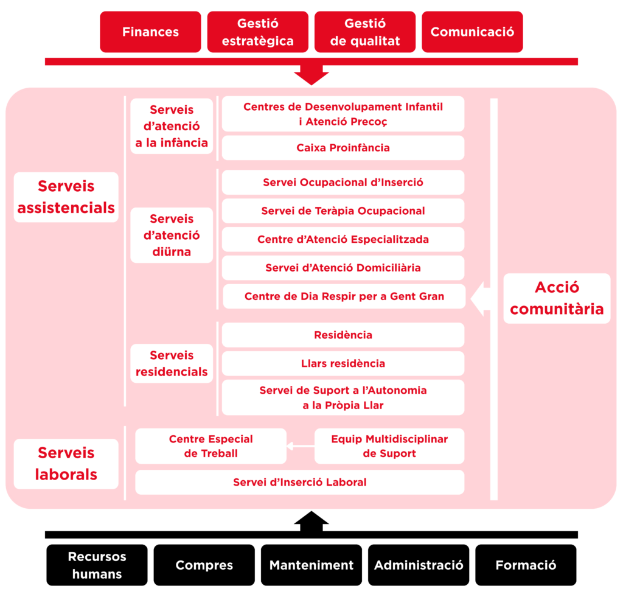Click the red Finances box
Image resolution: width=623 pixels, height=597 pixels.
tap(150, 32)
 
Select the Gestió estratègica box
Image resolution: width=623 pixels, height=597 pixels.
tap(257, 32)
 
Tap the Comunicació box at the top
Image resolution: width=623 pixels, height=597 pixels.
tap(472, 32)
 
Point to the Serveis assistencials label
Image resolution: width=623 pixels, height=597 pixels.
tap(66, 197)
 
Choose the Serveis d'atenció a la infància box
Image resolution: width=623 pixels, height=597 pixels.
tap(172, 126)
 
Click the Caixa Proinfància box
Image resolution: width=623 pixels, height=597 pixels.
tap(343, 148)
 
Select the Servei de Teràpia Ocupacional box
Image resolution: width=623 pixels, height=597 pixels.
tap(343, 211)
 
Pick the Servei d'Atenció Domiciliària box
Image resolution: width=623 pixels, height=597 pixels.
tap(343, 268)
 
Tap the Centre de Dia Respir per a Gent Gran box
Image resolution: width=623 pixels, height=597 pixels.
tap(344, 296)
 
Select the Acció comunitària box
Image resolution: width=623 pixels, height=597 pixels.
tap(557, 298)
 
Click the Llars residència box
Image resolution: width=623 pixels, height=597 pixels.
tap(343, 363)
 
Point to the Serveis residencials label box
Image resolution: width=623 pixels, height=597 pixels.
tap(172, 363)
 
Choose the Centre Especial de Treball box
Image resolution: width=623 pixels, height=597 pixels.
tap(211, 446)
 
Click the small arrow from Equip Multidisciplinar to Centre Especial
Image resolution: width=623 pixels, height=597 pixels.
tap(300, 447)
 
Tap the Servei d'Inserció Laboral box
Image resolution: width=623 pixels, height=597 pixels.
tap(299, 482)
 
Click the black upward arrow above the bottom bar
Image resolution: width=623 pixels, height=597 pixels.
tap(311, 522)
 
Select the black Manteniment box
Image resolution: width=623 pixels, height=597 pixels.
tap(311, 565)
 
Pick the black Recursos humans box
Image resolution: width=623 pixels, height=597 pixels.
tap(97, 565)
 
